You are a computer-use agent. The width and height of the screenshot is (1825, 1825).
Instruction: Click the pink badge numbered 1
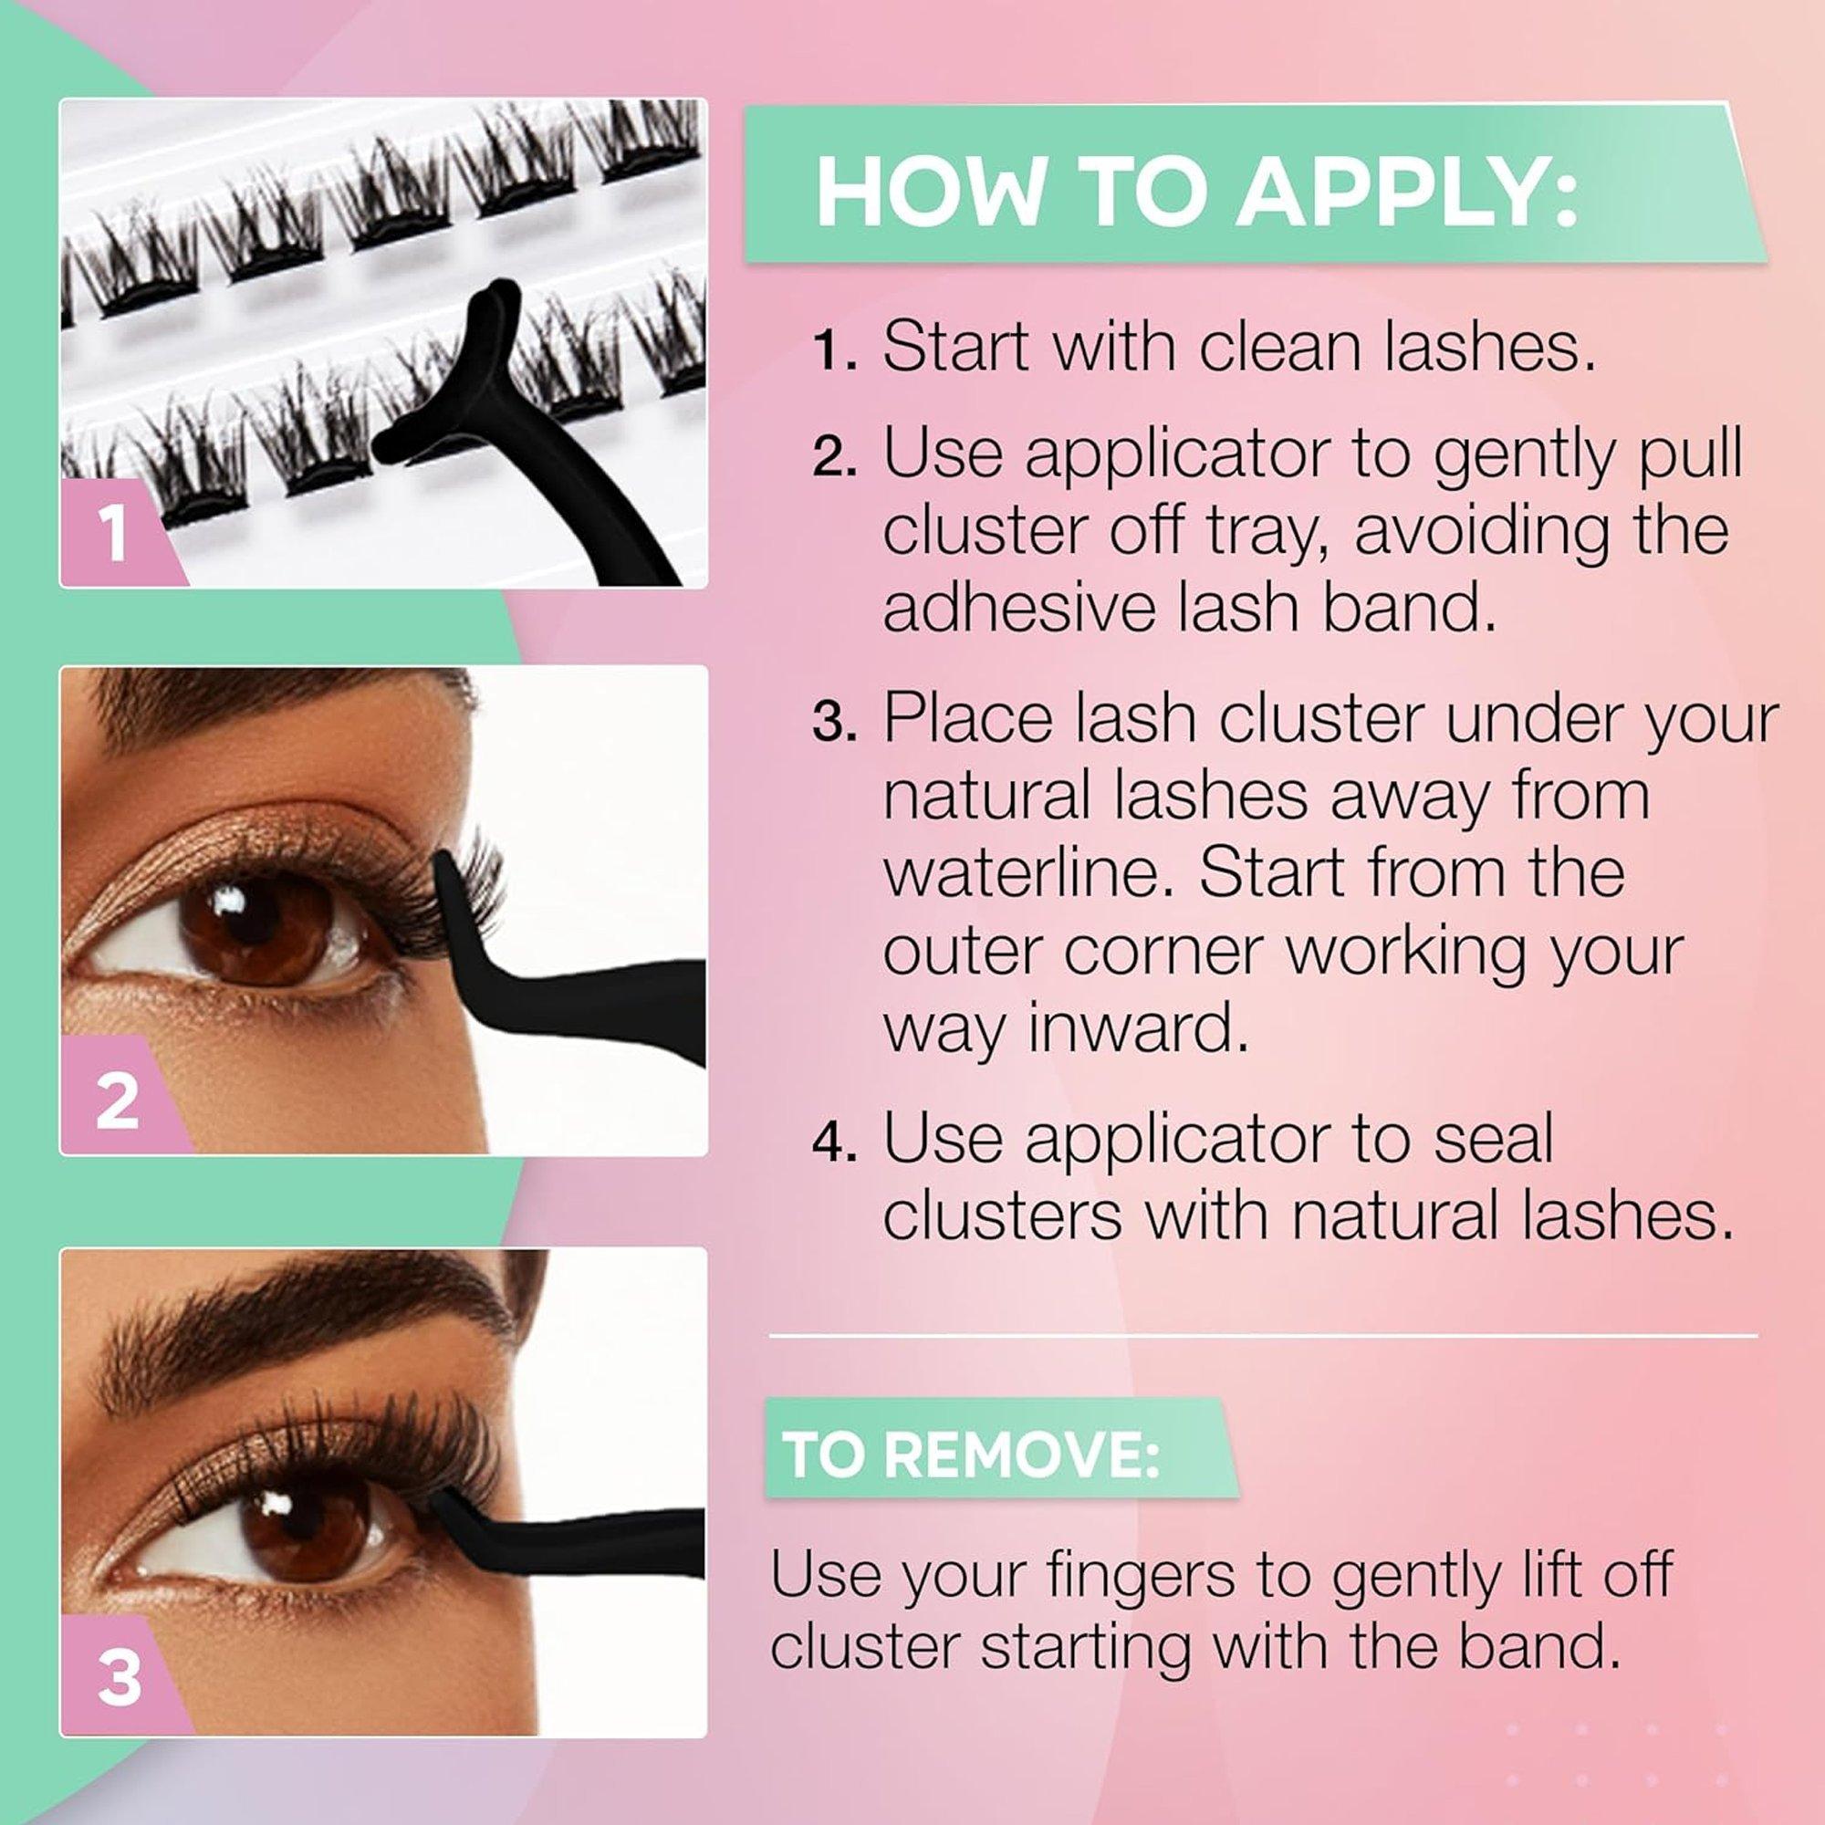[x=112, y=535]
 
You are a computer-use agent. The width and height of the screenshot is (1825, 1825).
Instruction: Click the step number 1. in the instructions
[x=834, y=350]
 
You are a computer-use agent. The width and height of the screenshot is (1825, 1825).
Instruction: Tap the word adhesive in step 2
[x=1019, y=610]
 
